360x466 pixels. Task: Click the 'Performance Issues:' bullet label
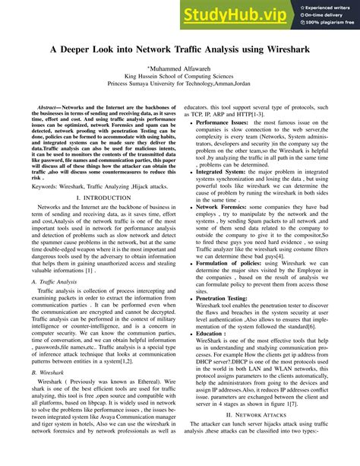[222, 122]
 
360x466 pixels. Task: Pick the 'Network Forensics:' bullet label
[222, 206]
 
